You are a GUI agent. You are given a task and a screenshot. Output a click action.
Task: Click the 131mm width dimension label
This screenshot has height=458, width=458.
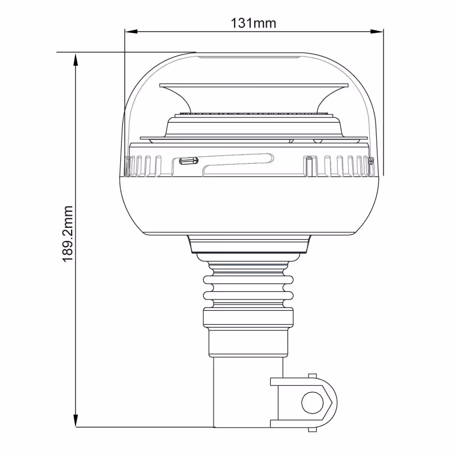coord(253,23)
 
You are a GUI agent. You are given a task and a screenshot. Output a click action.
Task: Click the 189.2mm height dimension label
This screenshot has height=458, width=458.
coord(68,234)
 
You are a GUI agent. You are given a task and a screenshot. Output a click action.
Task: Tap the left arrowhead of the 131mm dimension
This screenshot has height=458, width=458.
coord(131,31)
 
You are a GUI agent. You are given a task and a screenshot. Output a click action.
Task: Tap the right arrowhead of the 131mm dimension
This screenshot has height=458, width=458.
coord(377,31)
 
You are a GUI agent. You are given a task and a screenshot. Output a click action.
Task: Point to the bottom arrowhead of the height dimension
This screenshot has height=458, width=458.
coord(76,421)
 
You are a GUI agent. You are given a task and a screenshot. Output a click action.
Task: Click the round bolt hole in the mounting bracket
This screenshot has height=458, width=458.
coord(313,403)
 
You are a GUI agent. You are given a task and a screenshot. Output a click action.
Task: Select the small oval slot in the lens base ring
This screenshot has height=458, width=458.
coord(188,161)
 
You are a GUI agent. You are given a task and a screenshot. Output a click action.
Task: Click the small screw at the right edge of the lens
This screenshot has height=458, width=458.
coord(372,161)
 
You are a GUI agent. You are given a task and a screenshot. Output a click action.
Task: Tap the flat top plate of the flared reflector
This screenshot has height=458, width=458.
coord(254,85)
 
